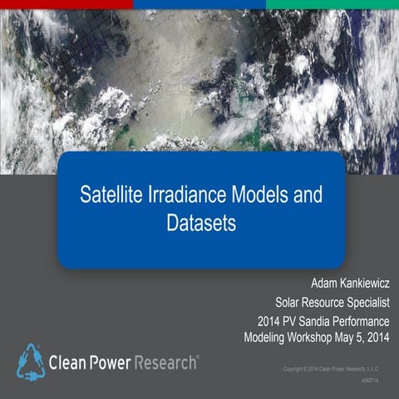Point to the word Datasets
200,224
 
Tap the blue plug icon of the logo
31,361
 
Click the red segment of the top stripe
66,4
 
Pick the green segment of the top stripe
332,4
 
